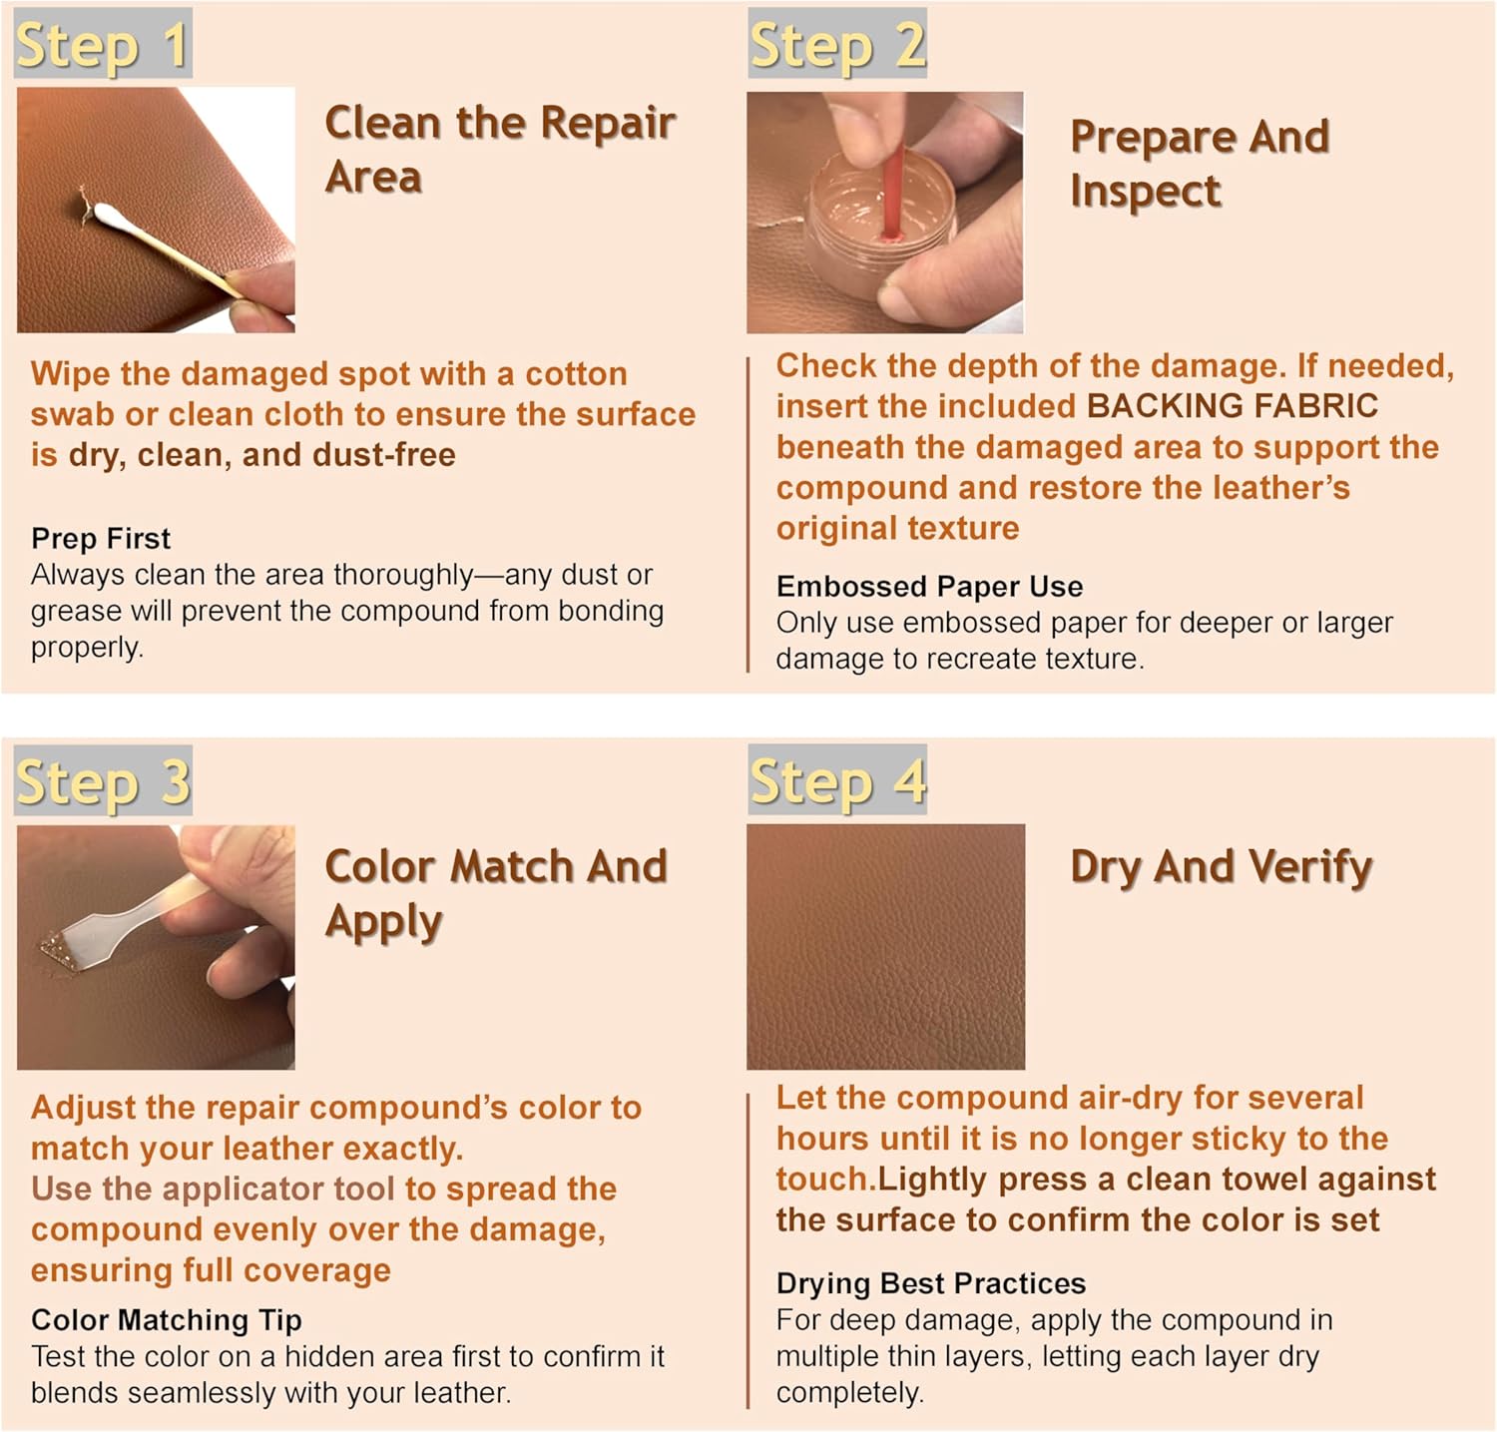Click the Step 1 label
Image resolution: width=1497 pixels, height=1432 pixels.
pyautogui.click(x=102, y=45)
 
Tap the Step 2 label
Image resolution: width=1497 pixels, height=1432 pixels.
pyautogui.click(x=837, y=45)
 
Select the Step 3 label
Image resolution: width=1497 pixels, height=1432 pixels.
pyautogui.click(x=102, y=781)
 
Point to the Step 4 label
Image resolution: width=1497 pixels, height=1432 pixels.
pyautogui.click(x=837, y=780)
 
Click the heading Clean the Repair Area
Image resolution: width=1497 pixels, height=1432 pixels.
pyautogui.click(x=499, y=150)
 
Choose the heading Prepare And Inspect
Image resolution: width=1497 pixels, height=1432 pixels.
pyautogui.click(x=1199, y=163)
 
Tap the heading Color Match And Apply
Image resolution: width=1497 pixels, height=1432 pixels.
pyautogui.click(x=495, y=893)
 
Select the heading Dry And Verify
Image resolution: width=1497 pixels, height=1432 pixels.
pyautogui.click(x=1221, y=866)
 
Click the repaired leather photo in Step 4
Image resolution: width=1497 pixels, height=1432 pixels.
pyautogui.click(x=885, y=946)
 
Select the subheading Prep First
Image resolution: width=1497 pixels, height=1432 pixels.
pyautogui.click(x=101, y=539)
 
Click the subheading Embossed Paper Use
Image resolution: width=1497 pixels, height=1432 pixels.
pyautogui.click(x=929, y=586)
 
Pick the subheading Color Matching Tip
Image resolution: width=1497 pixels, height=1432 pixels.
pyautogui.click(x=166, y=1320)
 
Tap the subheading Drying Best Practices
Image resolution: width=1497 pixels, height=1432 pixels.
pyautogui.click(x=930, y=1283)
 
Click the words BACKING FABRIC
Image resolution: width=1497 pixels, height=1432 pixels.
pyautogui.click(x=1232, y=406)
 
